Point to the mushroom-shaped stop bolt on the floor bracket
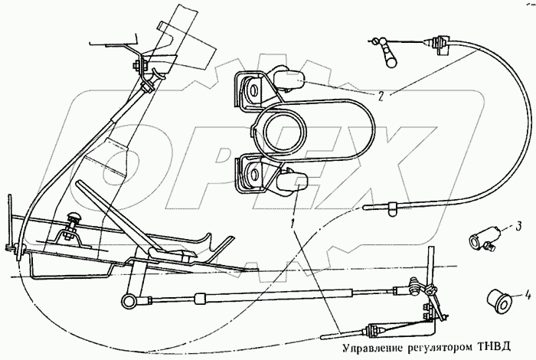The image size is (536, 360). click(76, 220)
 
